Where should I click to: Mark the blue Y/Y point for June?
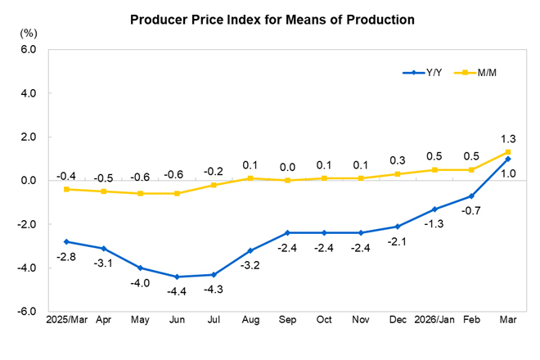coord(177,277)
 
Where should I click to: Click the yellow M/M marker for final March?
coord(508,152)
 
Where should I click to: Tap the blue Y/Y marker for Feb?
coord(470,196)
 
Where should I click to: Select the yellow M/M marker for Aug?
coord(251,178)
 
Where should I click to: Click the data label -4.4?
coord(177,291)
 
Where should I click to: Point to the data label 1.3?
coord(508,138)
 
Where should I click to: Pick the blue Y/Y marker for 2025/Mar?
coord(66,241)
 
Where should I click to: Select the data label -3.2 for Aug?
coord(251,265)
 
